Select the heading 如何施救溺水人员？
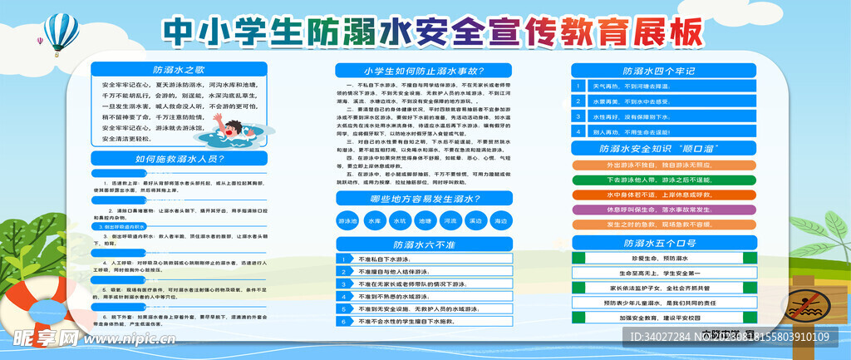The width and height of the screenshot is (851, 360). pyautogui.click(x=179, y=158)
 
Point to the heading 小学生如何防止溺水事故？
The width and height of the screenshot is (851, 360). pyautogui.click(x=424, y=71)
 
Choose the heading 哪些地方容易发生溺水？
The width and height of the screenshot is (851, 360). pyautogui.click(x=424, y=198)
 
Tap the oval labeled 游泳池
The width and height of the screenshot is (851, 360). pyautogui.click(x=347, y=222)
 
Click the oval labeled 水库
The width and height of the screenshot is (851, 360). pyautogui.click(x=373, y=222)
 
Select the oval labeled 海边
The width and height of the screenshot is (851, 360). pyautogui.click(x=499, y=222)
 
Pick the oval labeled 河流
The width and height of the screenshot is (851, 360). pyautogui.click(x=450, y=222)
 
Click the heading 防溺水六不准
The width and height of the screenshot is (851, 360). pyautogui.click(x=424, y=244)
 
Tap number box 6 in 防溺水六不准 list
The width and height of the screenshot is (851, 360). pyautogui.click(x=343, y=320)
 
